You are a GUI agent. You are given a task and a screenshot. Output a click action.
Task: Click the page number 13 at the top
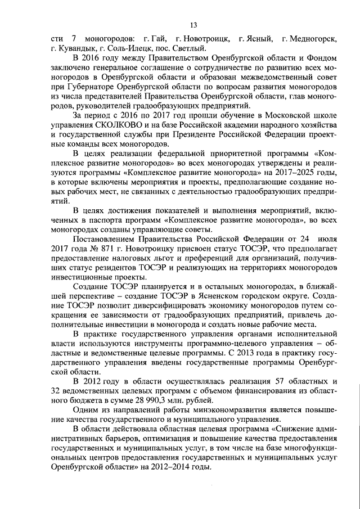coord(193,25)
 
